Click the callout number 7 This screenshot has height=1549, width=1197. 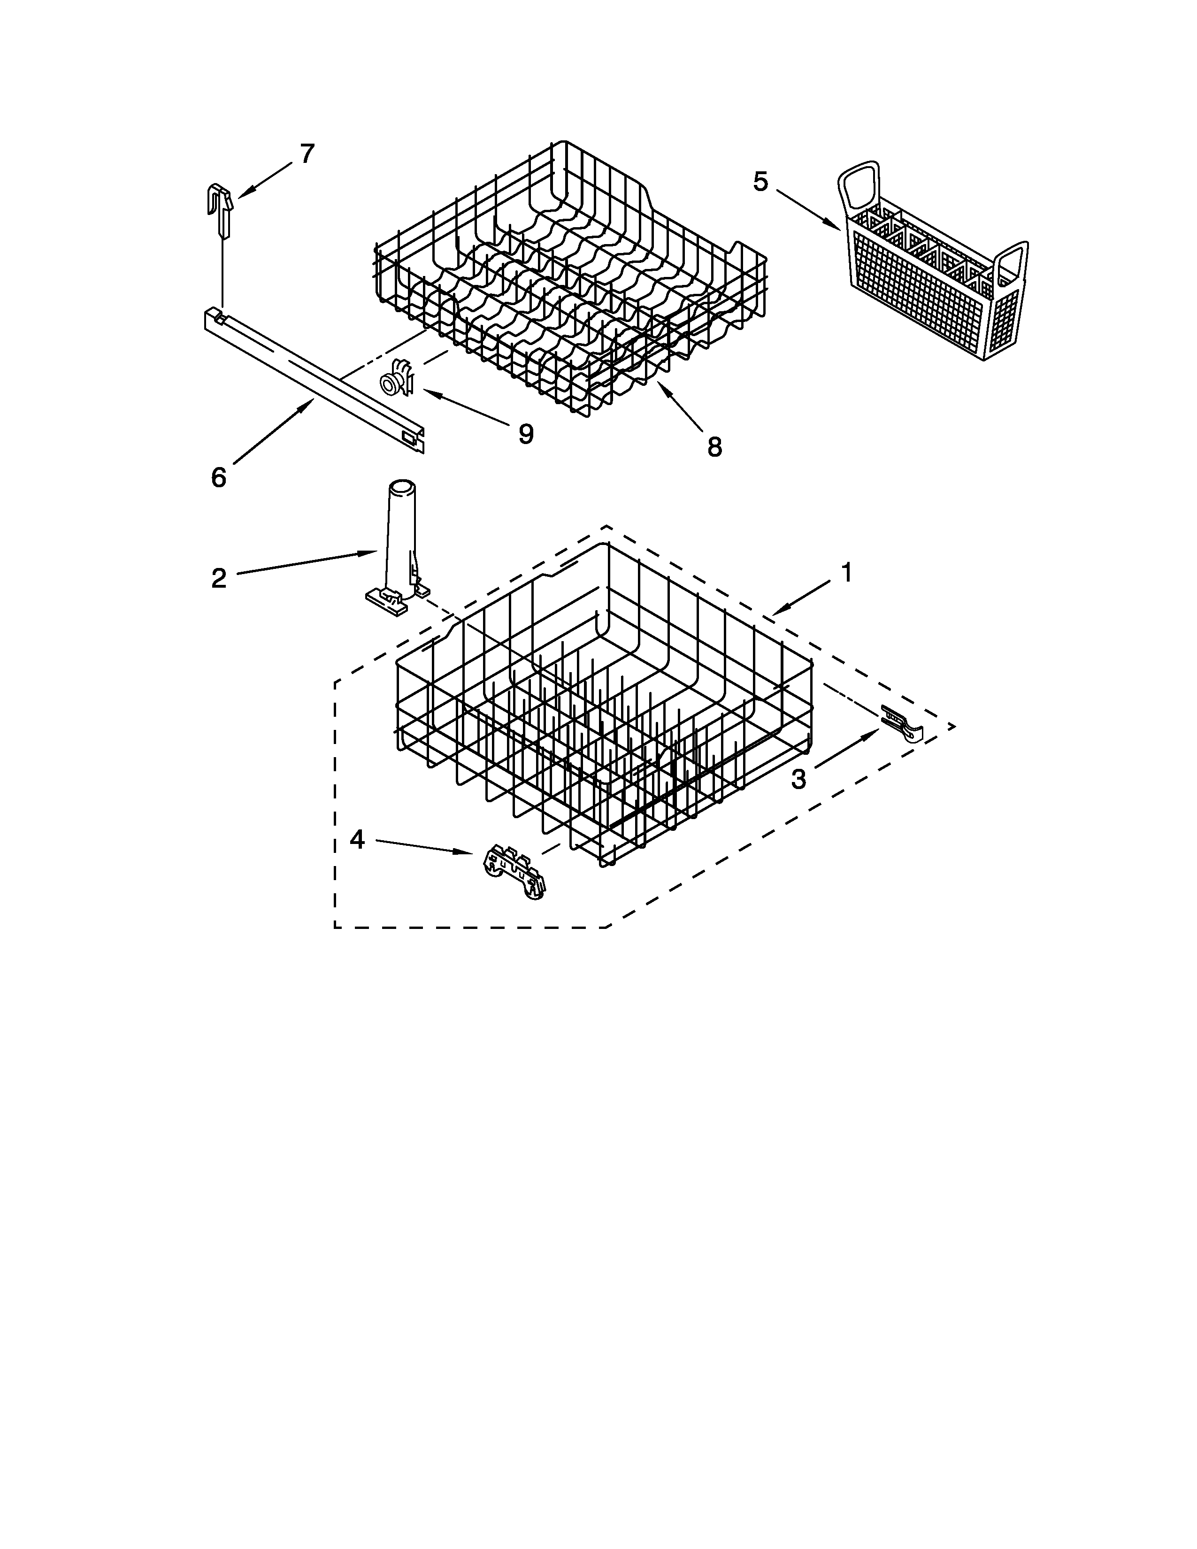point(307,154)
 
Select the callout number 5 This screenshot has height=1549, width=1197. point(760,182)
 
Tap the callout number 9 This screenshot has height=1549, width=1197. point(525,433)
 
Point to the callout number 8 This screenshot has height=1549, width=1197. point(714,447)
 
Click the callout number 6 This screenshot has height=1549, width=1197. point(218,478)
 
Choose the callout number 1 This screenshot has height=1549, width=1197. point(846,572)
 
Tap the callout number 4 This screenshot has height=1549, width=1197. point(357,840)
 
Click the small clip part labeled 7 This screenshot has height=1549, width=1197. point(221,209)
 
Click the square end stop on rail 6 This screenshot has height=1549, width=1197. point(409,437)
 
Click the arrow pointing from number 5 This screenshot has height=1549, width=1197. point(808,209)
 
